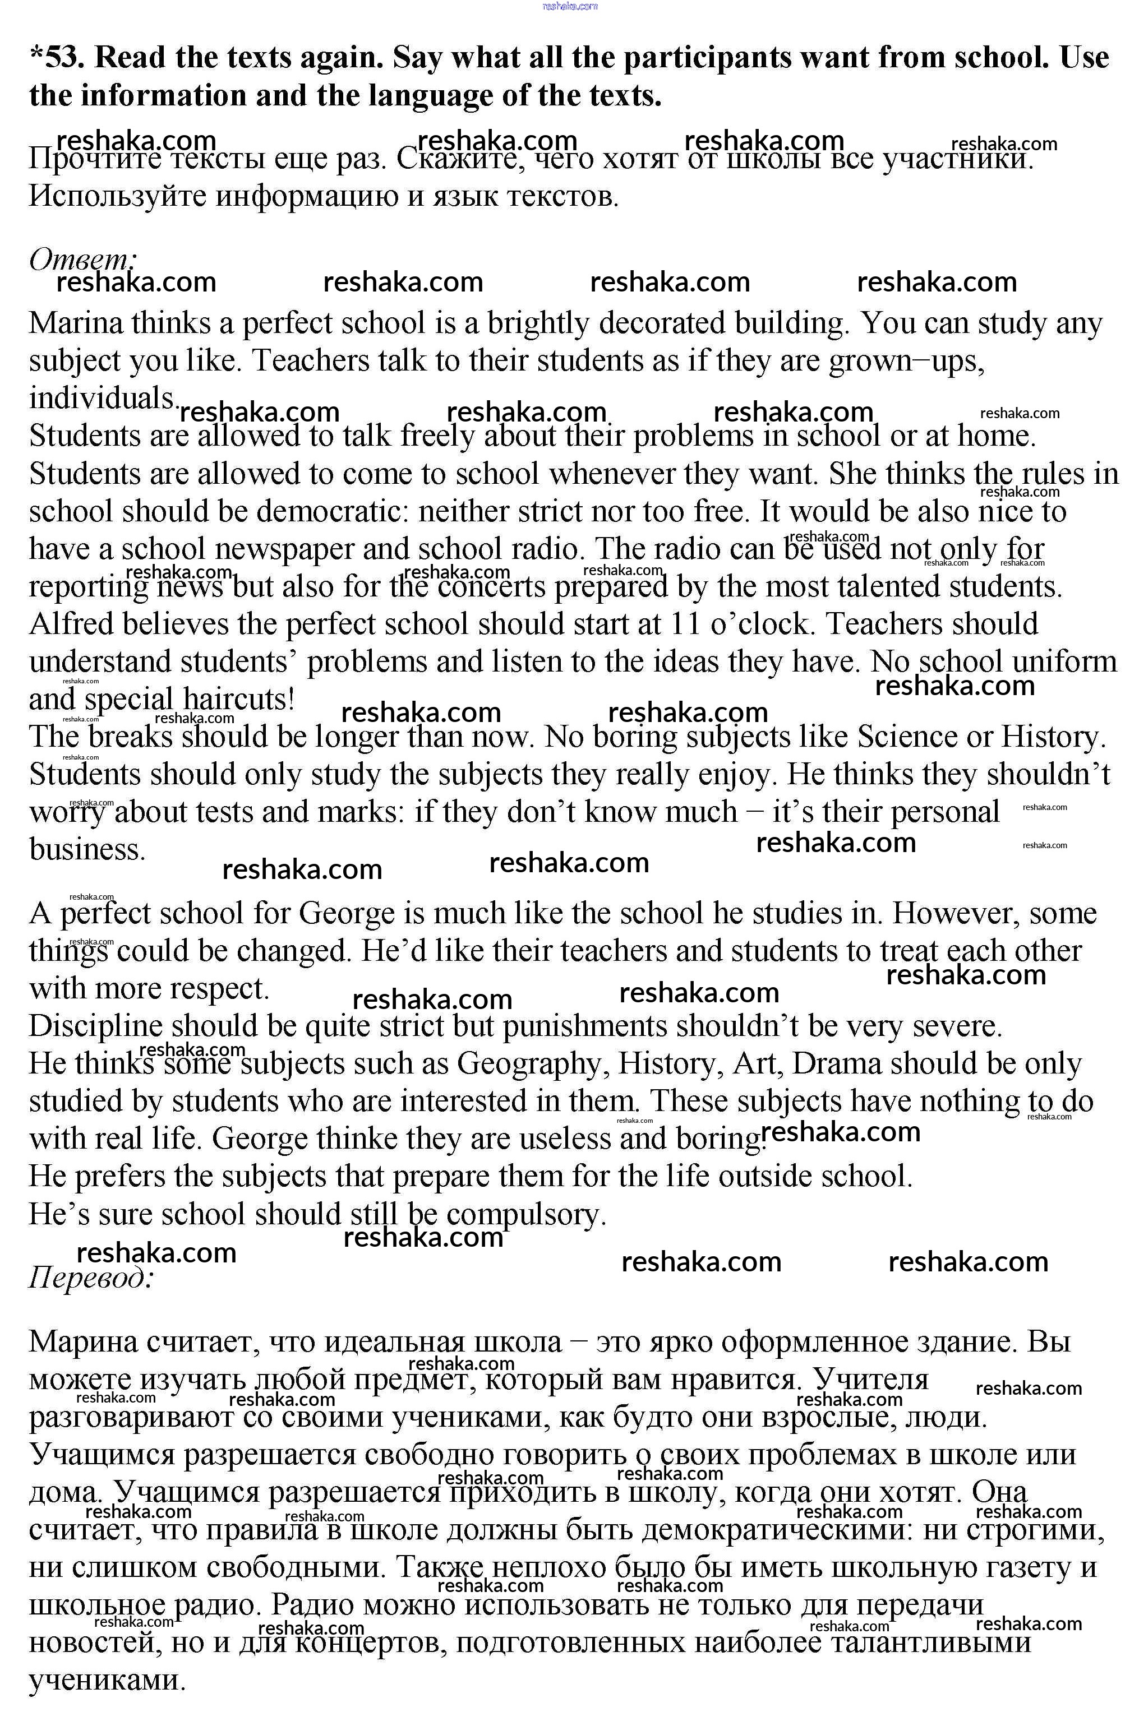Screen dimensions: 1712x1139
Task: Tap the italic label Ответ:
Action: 82,259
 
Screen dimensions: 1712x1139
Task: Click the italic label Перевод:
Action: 91,1278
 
